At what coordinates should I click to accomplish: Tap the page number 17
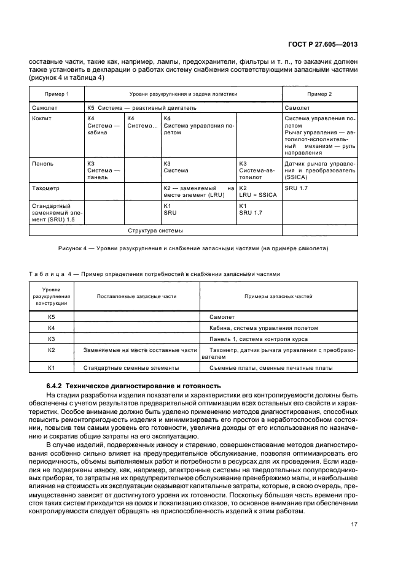354,524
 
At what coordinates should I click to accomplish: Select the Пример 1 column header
57,94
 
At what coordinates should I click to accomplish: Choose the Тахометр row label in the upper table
45,188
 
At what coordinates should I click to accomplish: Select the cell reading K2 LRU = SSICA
255,191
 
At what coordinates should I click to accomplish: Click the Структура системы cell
155,231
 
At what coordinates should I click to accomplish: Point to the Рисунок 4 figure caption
193,248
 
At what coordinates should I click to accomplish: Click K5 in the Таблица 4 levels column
52,316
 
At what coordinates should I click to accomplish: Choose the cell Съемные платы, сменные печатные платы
271,368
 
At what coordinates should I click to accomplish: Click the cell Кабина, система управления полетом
258,327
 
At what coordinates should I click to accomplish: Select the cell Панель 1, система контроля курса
259,339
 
